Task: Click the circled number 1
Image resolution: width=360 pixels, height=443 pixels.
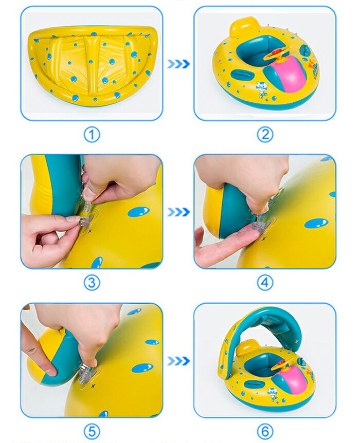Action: [92, 135]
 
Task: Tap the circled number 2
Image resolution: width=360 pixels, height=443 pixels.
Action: [265, 135]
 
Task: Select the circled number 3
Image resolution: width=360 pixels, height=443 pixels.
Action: [92, 282]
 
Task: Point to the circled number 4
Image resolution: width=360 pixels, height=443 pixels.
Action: [265, 282]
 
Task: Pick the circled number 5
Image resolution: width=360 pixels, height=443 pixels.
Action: [92, 431]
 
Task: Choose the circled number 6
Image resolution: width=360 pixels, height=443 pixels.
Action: [265, 431]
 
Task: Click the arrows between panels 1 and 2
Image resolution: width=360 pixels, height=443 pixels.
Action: [178, 64]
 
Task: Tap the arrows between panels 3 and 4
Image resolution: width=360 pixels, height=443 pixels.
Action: [178, 212]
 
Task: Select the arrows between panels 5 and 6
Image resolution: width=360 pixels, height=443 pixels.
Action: [178, 361]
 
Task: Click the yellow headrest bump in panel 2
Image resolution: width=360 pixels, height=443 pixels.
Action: [243, 27]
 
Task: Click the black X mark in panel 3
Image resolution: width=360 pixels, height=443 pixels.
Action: [91, 231]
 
